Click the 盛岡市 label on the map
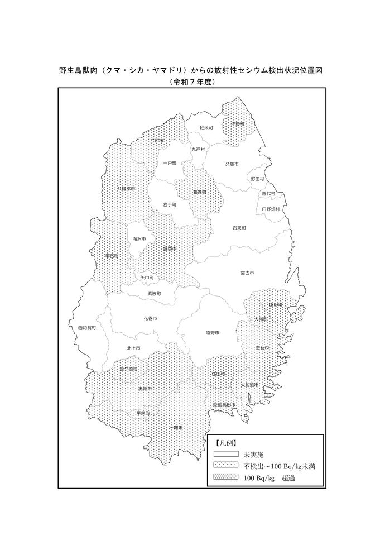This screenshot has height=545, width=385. coord(170,248)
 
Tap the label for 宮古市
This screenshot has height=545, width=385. coord(247,272)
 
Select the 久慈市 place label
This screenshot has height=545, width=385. coord(232,164)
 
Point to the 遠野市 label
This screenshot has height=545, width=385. coord(212,333)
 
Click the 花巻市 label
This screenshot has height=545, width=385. coord(150,318)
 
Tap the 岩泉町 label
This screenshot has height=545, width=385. coord(239,228)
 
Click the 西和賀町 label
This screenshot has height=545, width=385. coord(86,328)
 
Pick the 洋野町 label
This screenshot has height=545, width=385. coord(238,123)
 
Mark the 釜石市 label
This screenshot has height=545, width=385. coord(262,347)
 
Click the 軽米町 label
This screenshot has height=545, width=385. coord(207,128)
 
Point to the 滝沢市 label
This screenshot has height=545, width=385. coord(139,238)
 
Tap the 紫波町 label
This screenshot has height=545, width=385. coord(154,293)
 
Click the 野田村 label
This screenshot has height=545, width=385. coord(257,179)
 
